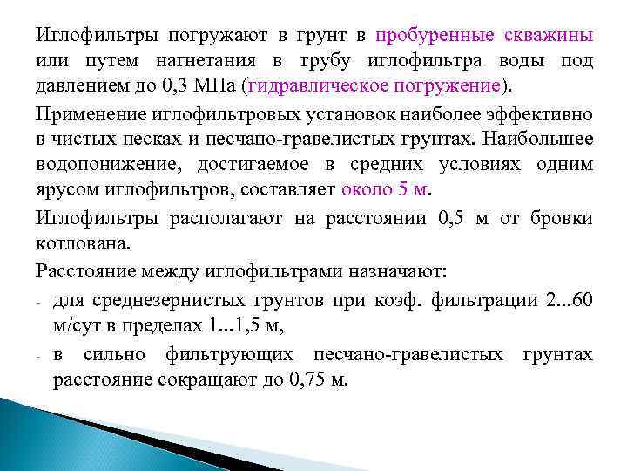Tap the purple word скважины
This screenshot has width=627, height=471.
tap(549, 36)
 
